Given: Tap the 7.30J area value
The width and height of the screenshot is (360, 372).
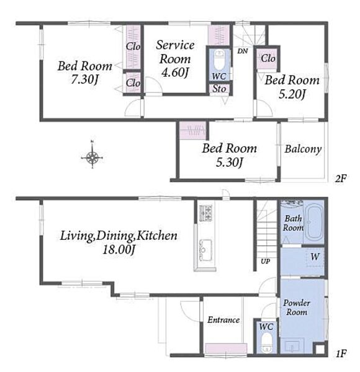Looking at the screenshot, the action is click(85, 79).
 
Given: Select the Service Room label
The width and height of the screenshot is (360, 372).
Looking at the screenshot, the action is click(175, 51).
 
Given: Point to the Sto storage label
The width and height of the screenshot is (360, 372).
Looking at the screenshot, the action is click(219, 89).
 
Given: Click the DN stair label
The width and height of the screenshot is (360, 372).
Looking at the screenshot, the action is click(243, 51).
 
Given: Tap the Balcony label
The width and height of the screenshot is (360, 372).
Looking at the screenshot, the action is click(303, 149).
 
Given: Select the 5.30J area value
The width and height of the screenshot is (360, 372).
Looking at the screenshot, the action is click(230, 162).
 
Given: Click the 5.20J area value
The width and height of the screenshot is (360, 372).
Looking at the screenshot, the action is click(292, 94).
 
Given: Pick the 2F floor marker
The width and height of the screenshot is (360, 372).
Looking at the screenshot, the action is click(341, 178).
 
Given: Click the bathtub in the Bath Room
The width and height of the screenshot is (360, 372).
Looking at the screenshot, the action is click(313, 223).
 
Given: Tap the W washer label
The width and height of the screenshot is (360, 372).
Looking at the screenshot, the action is click(315, 256).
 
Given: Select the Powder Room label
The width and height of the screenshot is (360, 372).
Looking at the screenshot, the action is click(297, 308).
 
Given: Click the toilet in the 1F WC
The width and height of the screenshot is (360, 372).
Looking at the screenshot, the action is click(266, 342).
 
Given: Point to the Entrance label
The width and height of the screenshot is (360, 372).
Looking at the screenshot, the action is click(223, 320).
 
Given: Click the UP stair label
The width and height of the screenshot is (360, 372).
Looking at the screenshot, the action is click(265, 261).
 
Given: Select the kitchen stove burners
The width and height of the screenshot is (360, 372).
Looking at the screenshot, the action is click(205, 213).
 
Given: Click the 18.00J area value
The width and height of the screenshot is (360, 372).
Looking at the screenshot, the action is click(119, 250).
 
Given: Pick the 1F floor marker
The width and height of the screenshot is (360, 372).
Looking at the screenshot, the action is click(341, 354).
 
